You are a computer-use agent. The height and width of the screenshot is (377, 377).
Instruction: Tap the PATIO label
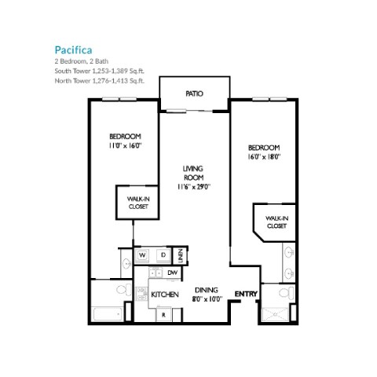point(195,93)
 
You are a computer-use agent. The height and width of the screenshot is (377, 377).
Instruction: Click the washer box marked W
point(143,255)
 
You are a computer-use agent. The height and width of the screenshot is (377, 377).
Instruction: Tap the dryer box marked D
point(162,255)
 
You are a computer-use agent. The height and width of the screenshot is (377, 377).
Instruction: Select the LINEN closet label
point(180,254)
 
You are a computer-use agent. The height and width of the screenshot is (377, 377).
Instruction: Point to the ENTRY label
point(246,294)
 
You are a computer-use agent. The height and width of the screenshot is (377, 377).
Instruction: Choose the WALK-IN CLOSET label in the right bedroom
point(276,221)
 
